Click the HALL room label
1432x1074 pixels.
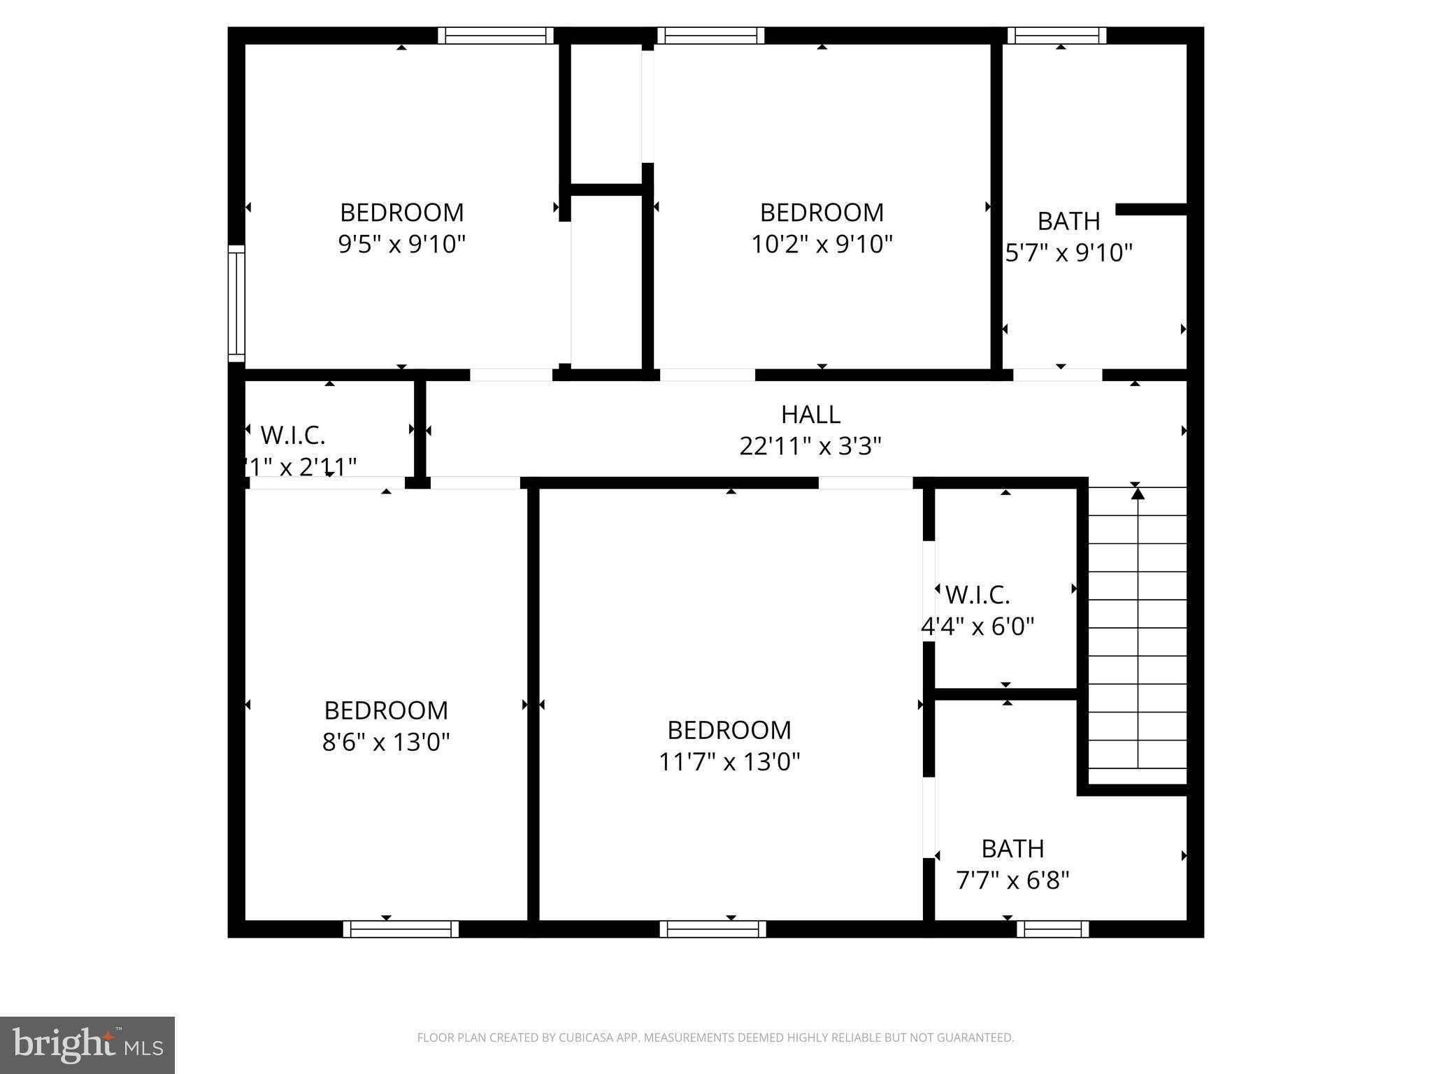pyautogui.click(x=810, y=415)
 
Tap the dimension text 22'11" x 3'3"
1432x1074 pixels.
pyautogui.click(x=810, y=445)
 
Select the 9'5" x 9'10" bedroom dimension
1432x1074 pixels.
pyautogui.click(x=401, y=244)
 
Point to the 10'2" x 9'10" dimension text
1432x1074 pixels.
pyautogui.click(x=822, y=244)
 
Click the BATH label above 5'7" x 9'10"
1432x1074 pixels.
pyautogui.click(x=1068, y=221)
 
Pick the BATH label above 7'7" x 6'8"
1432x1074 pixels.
pyautogui.click(x=1012, y=849)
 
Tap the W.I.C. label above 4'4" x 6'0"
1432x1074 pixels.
pyautogui.click(x=978, y=595)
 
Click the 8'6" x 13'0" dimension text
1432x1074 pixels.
pyautogui.click(x=386, y=741)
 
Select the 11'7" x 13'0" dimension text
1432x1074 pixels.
pyautogui.click(x=729, y=761)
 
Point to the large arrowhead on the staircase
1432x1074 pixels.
pyautogui.click(x=1138, y=494)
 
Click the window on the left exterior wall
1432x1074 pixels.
pyautogui.click(x=237, y=303)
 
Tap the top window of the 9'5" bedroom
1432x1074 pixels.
pyautogui.click(x=496, y=36)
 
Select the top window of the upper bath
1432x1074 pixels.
pyautogui.click(x=1057, y=36)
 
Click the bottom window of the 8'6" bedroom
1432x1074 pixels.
pyautogui.click(x=401, y=929)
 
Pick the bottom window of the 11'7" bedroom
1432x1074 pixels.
pyautogui.click(x=713, y=929)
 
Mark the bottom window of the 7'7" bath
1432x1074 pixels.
pyautogui.click(x=1052, y=929)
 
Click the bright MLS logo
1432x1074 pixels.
pyautogui.click(x=87, y=1045)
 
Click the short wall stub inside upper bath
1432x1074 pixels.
pyautogui.click(x=1151, y=209)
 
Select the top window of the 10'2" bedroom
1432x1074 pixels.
pyautogui.click(x=710, y=36)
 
